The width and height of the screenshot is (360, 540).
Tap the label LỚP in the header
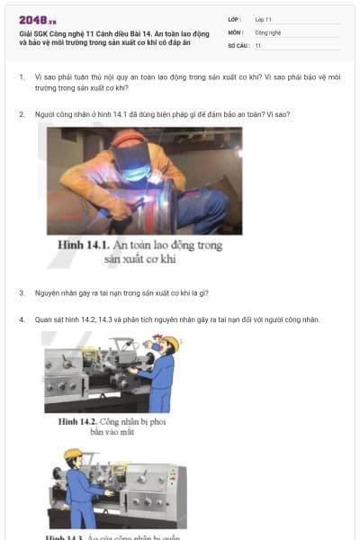coord(233,19)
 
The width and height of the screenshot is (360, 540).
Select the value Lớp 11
coord(263,19)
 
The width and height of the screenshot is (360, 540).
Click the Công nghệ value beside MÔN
coord(268,31)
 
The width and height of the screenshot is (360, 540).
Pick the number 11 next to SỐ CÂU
coord(258,45)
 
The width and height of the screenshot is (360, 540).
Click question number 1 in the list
coord(22,77)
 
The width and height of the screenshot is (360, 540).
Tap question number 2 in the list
coord(22,114)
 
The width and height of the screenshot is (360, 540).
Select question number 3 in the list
coord(22,292)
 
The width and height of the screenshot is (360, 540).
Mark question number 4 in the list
coord(22,319)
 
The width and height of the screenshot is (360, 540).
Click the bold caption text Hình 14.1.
coord(84,245)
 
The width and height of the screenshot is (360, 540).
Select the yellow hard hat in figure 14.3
coord(72,454)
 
